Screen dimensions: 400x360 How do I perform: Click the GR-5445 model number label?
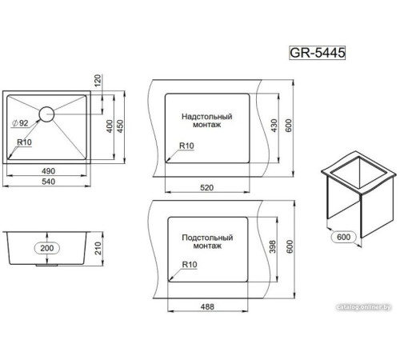pyautogui.click(x=317, y=53)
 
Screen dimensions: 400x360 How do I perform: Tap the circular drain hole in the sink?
pyautogui.click(x=46, y=114)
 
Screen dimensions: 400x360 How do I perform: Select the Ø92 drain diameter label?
pyautogui.click(x=20, y=123)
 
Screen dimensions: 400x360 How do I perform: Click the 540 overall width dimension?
pyautogui.click(x=48, y=182)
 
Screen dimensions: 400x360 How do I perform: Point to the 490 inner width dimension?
pyautogui.click(x=48, y=171)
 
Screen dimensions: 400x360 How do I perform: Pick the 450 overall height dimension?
pyautogui.click(x=120, y=126)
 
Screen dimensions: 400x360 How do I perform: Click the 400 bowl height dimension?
pyautogui.click(x=110, y=126)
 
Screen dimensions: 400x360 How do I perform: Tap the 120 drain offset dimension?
pyautogui.click(x=98, y=80)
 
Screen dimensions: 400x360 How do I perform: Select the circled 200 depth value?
pyautogui.click(x=47, y=248)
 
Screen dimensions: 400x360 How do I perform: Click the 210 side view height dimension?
pyautogui.click(x=98, y=248)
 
